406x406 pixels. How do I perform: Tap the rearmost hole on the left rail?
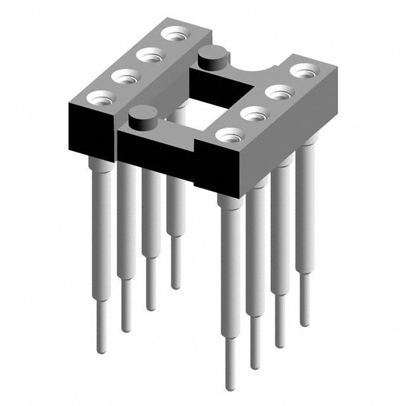pos(173,34)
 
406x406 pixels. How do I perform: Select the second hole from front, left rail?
pos(126,77)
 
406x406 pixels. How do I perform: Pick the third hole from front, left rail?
pos(150,55)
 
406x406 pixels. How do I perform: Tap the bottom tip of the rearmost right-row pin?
pos(305,324)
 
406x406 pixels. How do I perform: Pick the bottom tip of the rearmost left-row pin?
pos(176,286)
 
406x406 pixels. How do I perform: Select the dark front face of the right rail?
pos(216,167)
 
